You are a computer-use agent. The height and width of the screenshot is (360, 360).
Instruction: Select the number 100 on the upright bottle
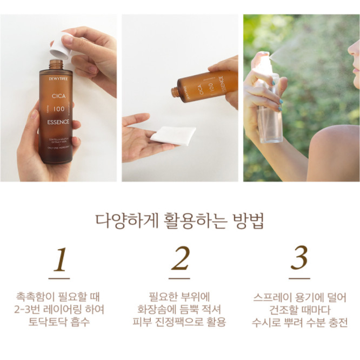pos(58,109)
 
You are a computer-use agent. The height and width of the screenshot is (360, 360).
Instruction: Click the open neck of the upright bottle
pos(55,64)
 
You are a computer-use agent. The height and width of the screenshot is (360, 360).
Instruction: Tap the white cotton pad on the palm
pos(173,134)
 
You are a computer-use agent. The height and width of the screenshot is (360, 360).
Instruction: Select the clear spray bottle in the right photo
pos(269,108)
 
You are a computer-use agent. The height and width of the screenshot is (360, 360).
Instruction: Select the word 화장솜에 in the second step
pos(157,310)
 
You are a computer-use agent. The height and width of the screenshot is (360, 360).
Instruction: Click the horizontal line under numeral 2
pos(180,278)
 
